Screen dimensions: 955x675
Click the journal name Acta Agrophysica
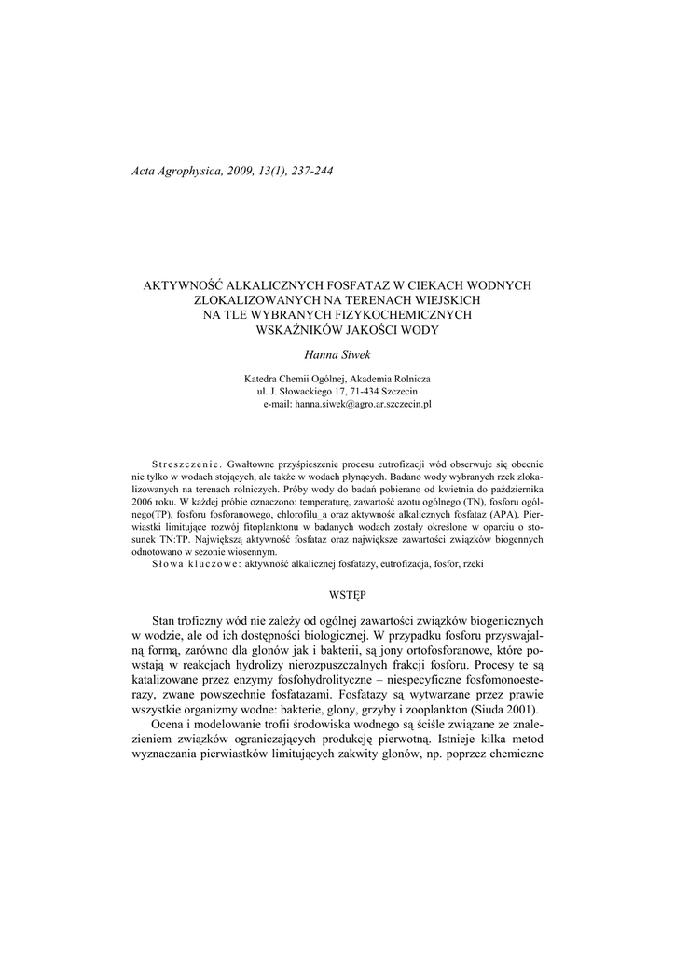point(173,171)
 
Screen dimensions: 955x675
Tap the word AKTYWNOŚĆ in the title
point(185,285)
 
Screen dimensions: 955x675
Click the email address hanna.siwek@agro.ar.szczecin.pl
point(363,405)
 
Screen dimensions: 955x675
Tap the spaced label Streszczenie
point(186,464)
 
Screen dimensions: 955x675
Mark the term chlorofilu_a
point(305,514)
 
